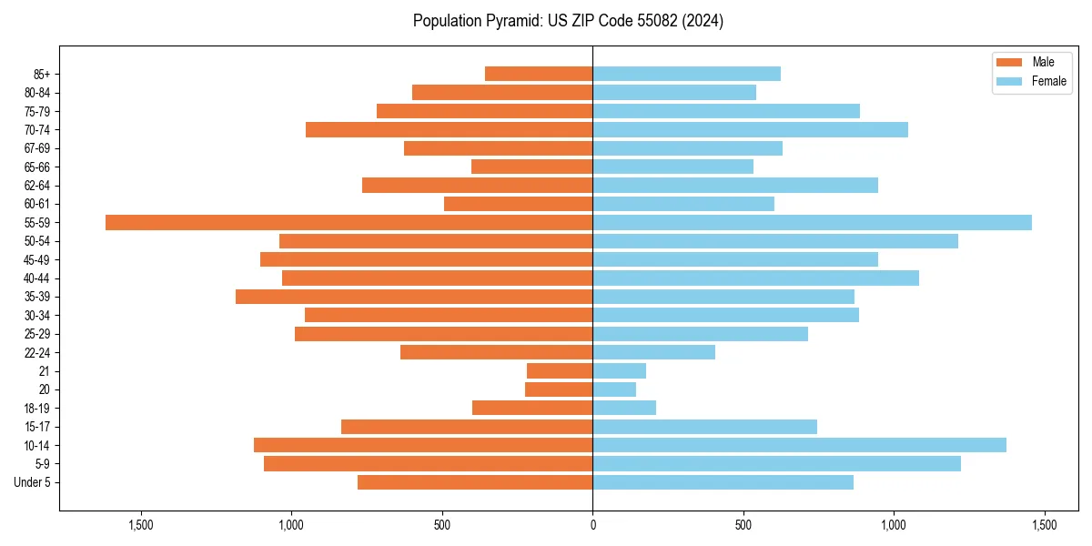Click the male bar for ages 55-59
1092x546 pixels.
tap(349, 222)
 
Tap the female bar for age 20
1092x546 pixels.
tap(614, 389)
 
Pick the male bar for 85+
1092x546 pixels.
tap(539, 74)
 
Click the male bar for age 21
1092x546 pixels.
tap(560, 370)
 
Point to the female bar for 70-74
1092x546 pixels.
tap(750, 129)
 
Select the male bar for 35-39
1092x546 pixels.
tap(414, 297)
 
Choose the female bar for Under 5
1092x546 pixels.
tap(723, 482)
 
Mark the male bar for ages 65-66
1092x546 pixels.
tap(531, 167)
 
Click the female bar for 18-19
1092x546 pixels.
tap(624, 408)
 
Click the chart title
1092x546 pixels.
tap(568, 21)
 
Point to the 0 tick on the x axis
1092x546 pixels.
tap(592, 525)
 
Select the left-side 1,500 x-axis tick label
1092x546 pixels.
tap(141, 525)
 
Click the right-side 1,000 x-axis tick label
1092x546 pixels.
tap(894, 525)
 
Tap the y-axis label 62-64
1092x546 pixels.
tap(36, 186)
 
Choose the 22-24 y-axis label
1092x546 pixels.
tap(36, 352)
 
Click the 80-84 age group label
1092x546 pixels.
tap(36, 93)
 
